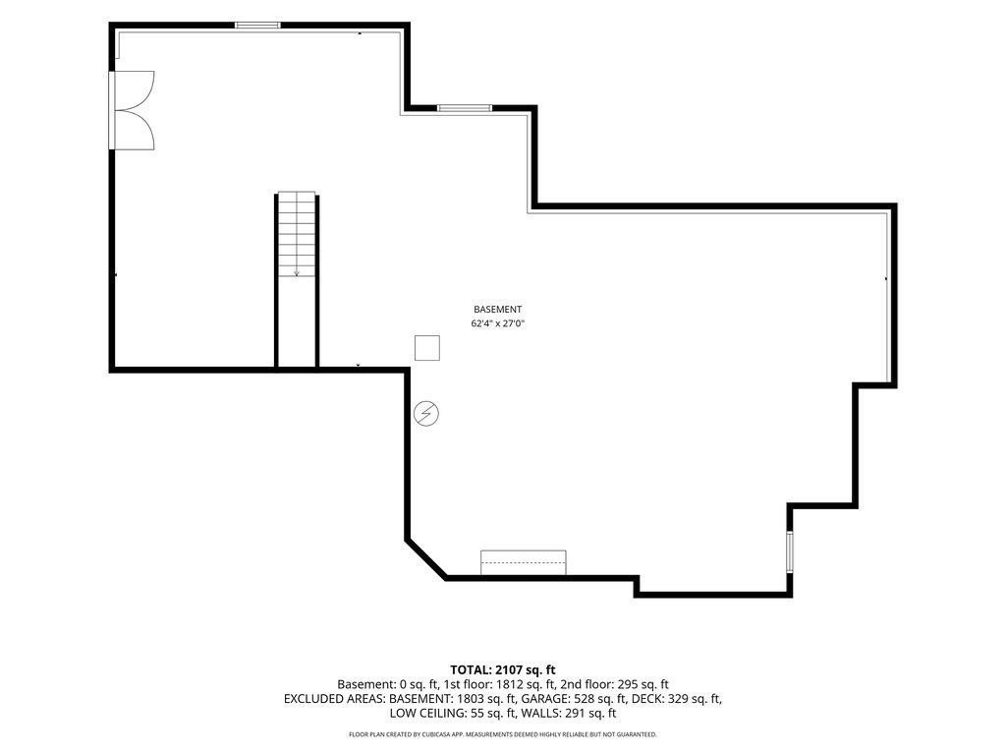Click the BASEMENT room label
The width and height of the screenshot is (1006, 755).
point(497,310)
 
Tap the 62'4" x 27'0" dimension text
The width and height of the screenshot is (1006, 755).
point(498,324)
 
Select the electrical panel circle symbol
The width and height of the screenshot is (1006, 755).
point(426,414)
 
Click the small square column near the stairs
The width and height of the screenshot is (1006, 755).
point(426,348)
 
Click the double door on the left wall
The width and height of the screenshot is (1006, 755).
point(132,110)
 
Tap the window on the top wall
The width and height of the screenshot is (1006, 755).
point(257,26)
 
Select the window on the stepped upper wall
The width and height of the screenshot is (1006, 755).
point(465,108)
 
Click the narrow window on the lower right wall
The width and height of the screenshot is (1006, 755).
point(790,551)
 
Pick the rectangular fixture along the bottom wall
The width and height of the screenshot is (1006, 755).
point(524,562)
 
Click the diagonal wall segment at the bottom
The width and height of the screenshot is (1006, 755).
point(426,559)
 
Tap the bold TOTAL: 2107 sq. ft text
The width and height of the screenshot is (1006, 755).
point(503,670)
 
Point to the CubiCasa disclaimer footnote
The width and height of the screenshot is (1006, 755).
point(503,734)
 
